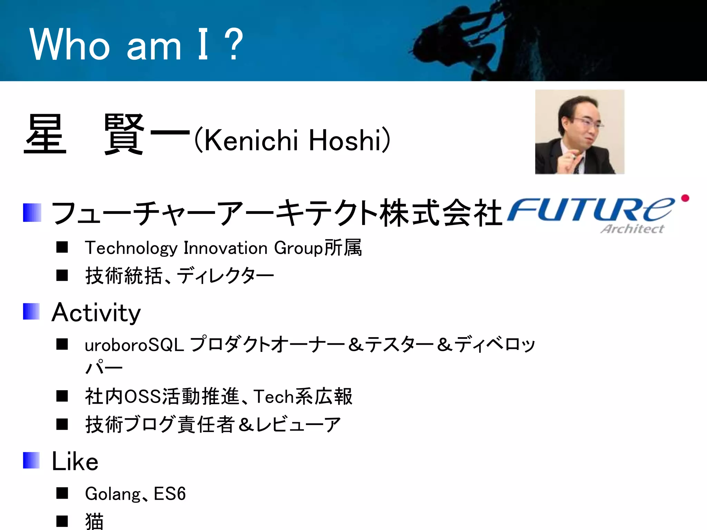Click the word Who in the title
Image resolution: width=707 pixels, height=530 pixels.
tap(69, 45)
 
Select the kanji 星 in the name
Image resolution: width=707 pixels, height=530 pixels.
tap(45, 135)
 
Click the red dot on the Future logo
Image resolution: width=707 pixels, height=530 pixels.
tap(685, 198)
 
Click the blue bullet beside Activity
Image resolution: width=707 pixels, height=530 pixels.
tap(31, 312)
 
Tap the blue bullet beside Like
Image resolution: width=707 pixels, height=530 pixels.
tap(31, 460)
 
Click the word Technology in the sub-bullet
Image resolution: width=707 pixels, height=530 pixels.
tap(131, 248)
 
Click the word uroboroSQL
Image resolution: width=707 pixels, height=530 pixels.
tap(134, 345)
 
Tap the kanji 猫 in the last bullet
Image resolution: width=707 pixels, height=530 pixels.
tap(94, 521)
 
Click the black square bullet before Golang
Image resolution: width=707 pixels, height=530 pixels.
tap(62, 493)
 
